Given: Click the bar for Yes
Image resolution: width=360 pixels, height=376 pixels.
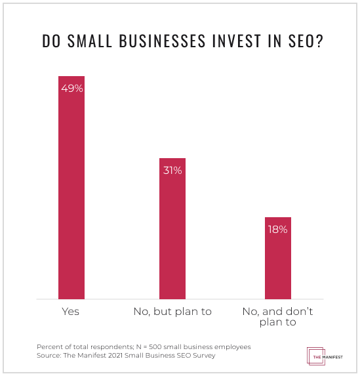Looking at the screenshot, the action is click(x=71, y=188).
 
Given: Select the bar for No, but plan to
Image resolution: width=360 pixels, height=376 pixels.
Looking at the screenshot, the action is click(x=172, y=228).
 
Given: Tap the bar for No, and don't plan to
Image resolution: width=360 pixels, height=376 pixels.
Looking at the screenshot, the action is click(x=278, y=258).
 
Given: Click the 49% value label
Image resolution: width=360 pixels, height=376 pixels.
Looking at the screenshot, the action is click(x=72, y=89).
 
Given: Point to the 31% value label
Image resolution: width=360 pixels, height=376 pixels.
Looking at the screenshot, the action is click(x=172, y=171).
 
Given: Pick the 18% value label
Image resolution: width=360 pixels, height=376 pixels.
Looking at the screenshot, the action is click(x=277, y=230).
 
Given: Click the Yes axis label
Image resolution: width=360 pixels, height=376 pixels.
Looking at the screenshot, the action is click(x=70, y=312).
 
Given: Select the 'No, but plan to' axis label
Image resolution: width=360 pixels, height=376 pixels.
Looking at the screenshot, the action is click(x=172, y=312).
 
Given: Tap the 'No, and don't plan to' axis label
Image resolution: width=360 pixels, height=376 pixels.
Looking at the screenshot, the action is click(x=278, y=316).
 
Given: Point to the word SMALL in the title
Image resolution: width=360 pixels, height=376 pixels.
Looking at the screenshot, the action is click(x=90, y=41).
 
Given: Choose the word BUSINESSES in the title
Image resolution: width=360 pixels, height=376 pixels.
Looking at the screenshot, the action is click(x=162, y=41).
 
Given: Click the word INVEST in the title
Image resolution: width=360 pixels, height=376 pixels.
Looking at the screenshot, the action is click(x=236, y=41).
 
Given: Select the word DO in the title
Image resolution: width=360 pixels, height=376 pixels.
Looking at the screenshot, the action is click(x=51, y=41).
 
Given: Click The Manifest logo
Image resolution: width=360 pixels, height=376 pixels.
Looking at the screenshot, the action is click(x=325, y=356).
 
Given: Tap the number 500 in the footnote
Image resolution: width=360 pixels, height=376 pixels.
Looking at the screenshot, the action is click(x=155, y=346).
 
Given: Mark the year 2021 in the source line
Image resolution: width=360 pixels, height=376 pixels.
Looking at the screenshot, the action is click(x=115, y=355).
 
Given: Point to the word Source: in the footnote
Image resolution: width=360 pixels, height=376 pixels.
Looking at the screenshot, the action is click(x=49, y=355).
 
